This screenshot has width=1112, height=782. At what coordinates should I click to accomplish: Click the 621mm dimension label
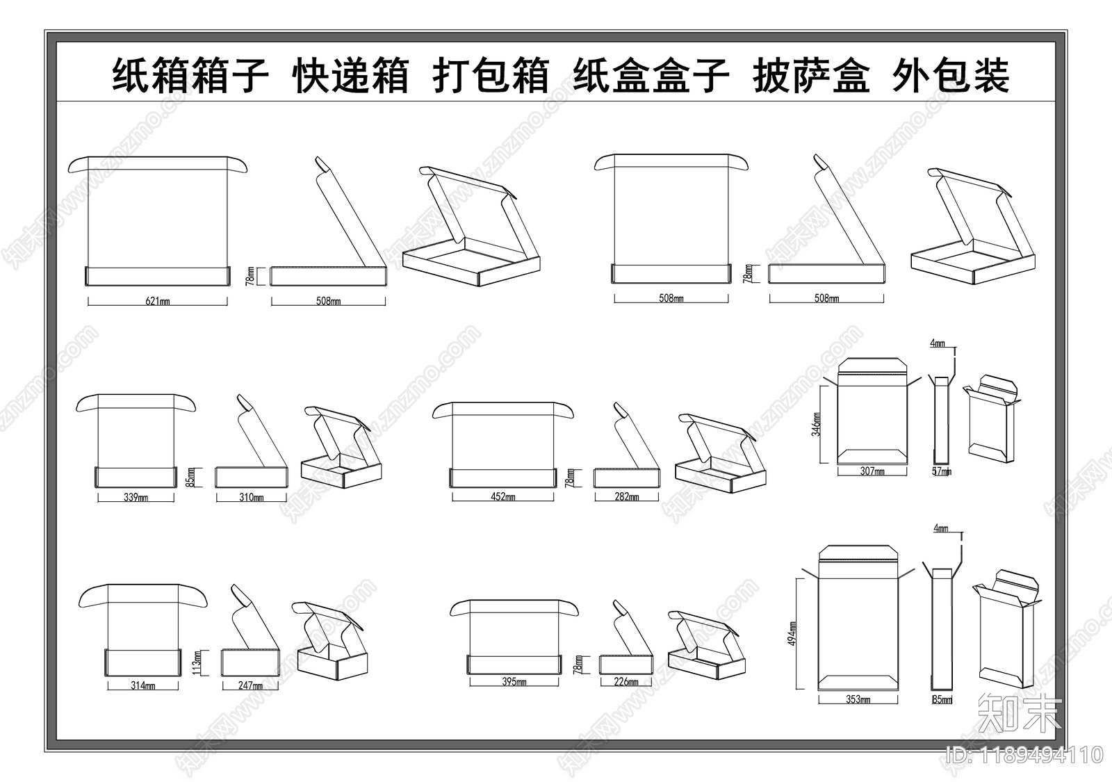pyautogui.click(x=158, y=301)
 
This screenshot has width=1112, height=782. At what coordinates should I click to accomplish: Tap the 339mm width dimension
pyautogui.click(x=136, y=497)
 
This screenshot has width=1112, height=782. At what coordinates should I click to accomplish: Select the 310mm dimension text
pyautogui.click(x=251, y=497)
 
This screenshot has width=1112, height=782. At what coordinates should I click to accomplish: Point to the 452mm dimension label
pyautogui.click(x=503, y=497)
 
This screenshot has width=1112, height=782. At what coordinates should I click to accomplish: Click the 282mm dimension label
pyautogui.click(x=626, y=496)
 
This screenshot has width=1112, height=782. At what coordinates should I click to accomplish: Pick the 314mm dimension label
pyautogui.click(x=143, y=685)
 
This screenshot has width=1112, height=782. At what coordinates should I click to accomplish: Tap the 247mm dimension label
pyautogui.click(x=250, y=685)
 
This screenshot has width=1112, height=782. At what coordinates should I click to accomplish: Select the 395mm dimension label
pyautogui.click(x=514, y=682)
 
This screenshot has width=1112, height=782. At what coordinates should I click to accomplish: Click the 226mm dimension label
pyautogui.click(x=626, y=682)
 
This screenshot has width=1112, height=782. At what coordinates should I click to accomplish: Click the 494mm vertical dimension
pyautogui.click(x=792, y=633)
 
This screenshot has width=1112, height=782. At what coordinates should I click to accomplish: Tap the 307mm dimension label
pyautogui.click(x=872, y=471)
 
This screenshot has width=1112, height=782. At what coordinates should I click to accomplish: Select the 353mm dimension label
pyautogui.click(x=858, y=699)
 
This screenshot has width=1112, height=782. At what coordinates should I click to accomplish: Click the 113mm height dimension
pyautogui.click(x=197, y=662)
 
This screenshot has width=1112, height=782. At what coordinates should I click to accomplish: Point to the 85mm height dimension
pyautogui.click(x=190, y=477)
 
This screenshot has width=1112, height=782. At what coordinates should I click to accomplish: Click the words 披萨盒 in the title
pyautogui.click(x=810, y=76)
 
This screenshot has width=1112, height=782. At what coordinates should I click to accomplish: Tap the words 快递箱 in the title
pyautogui.click(x=351, y=76)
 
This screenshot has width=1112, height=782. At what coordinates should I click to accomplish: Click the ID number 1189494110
pyautogui.click(x=1024, y=754)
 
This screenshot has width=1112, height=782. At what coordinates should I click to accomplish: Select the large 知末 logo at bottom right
pyautogui.click(x=1019, y=713)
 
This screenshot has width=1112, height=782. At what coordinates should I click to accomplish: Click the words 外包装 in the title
pyautogui.click(x=950, y=76)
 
